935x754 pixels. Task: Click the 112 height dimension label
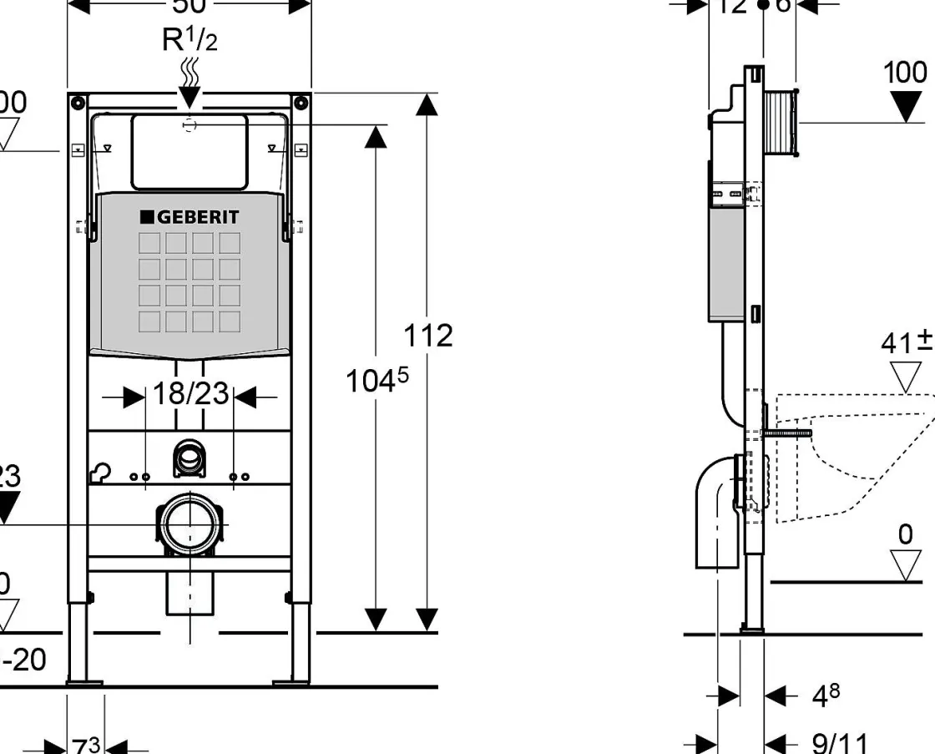tap(428, 335)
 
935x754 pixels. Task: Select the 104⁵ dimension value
tap(377, 381)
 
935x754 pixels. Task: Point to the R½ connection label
tap(190, 39)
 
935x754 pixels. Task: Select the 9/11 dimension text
tap(840, 741)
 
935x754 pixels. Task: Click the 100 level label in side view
tap(905, 73)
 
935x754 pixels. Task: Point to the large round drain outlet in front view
tap(190, 524)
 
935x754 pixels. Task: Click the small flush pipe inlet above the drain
tap(190, 457)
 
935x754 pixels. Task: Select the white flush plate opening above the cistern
tap(190, 151)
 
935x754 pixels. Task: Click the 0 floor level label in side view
tap(906, 535)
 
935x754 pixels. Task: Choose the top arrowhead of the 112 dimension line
tap(427, 105)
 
